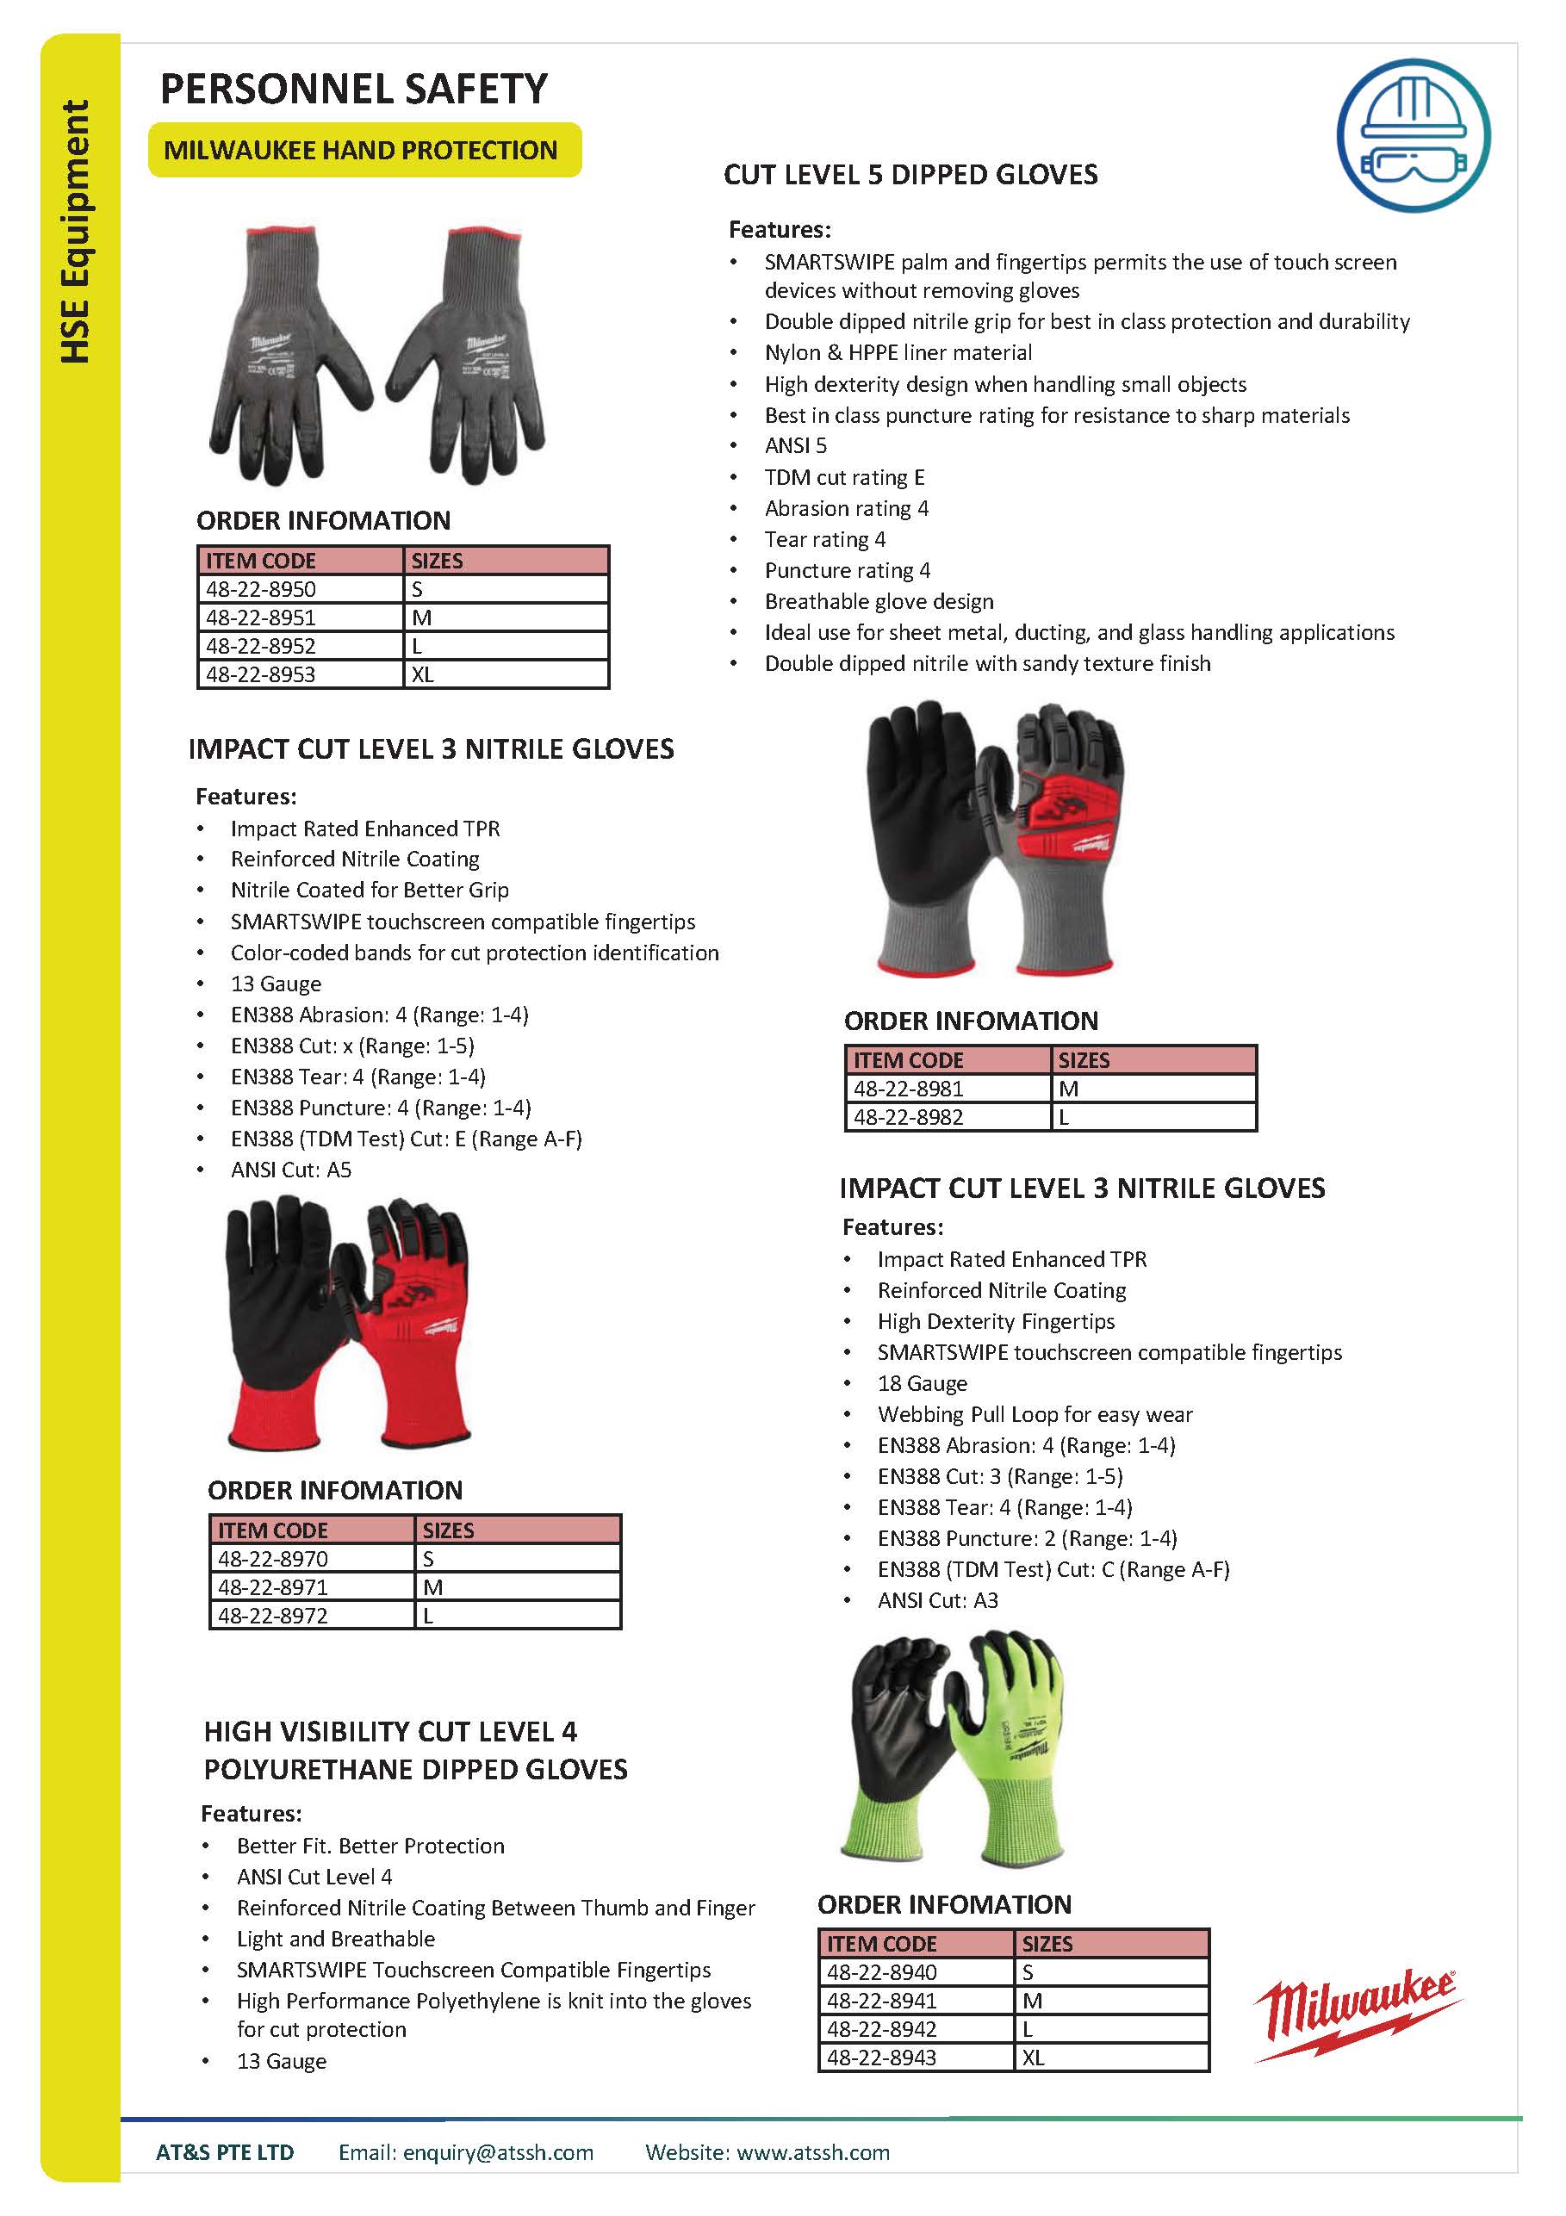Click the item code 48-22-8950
(x=261, y=589)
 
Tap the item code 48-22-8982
(x=908, y=1117)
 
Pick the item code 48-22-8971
(x=272, y=1586)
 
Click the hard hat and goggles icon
(x=1413, y=135)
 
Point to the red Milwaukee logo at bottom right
(x=1357, y=2014)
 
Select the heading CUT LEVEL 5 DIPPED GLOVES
(x=910, y=175)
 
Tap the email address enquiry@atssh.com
(x=498, y=2152)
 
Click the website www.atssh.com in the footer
(x=813, y=2152)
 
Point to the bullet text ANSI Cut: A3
(x=937, y=1600)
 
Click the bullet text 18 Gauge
(x=922, y=1383)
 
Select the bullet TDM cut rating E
(x=845, y=477)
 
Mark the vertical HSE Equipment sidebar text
(x=75, y=232)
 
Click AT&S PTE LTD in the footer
(x=225, y=2152)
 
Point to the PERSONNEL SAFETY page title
(x=353, y=89)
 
